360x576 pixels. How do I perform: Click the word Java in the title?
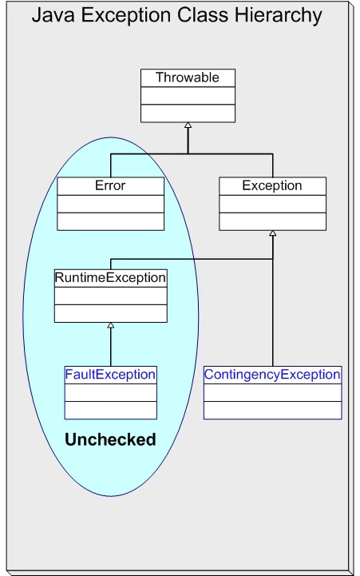click(x=53, y=15)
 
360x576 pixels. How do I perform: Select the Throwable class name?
click(x=188, y=77)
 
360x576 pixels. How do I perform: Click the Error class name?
click(x=110, y=185)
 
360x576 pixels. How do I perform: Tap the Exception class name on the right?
click(x=272, y=185)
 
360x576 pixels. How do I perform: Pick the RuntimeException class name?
click(x=110, y=277)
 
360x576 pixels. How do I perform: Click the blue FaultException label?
click(x=110, y=374)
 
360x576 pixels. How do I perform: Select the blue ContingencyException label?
click(x=272, y=374)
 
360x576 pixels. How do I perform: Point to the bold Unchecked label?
click(x=110, y=439)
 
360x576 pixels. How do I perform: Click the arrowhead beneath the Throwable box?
click(x=188, y=125)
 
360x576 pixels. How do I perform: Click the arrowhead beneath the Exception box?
click(x=272, y=233)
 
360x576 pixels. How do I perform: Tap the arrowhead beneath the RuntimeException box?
click(x=111, y=325)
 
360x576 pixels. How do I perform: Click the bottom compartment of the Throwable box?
click(x=188, y=113)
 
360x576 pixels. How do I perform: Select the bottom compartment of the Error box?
click(x=110, y=221)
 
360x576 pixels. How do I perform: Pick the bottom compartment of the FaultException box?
click(x=110, y=410)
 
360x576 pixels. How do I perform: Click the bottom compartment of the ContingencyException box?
click(x=272, y=410)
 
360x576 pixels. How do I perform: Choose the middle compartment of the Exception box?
click(x=272, y=203)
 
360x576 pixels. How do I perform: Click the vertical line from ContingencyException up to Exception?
click(x=273, y=320)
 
